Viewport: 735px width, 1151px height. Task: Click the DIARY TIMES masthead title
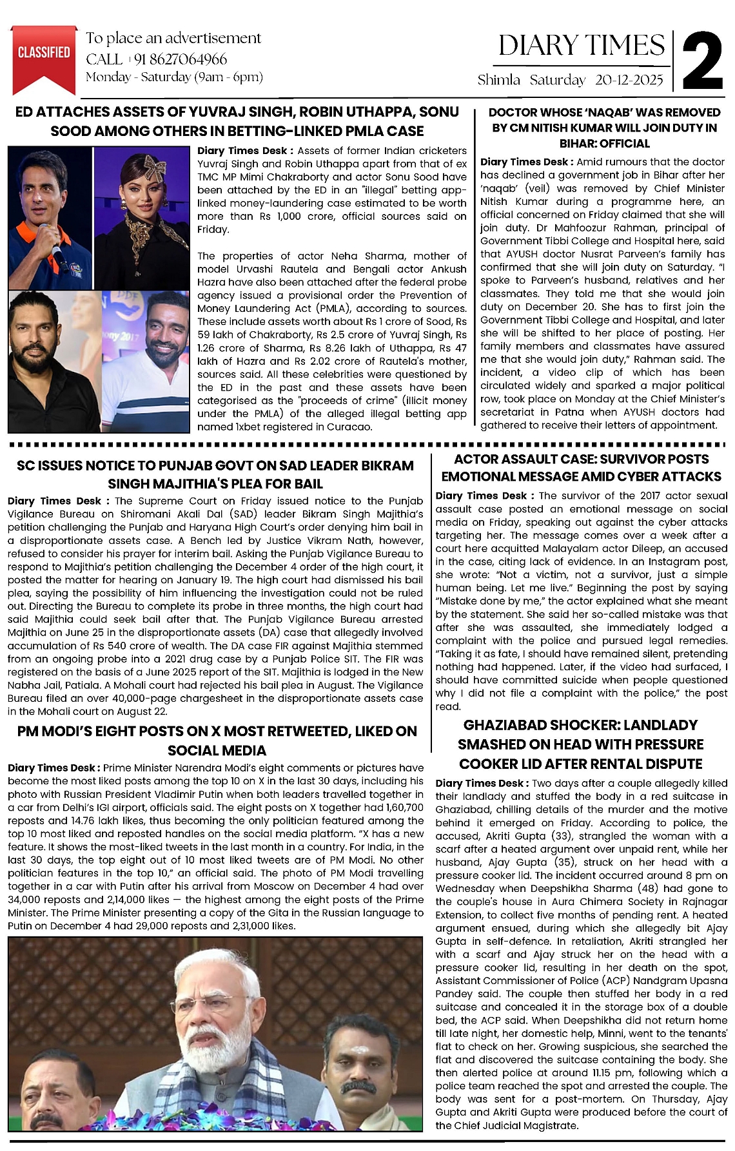(582, 45)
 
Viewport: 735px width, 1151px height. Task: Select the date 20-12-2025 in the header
(629, 80)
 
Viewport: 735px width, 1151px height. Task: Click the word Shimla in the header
(498, 80)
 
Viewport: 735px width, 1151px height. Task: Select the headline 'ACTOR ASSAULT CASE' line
(581, 459)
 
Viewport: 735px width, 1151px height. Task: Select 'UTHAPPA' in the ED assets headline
(375, 111)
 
